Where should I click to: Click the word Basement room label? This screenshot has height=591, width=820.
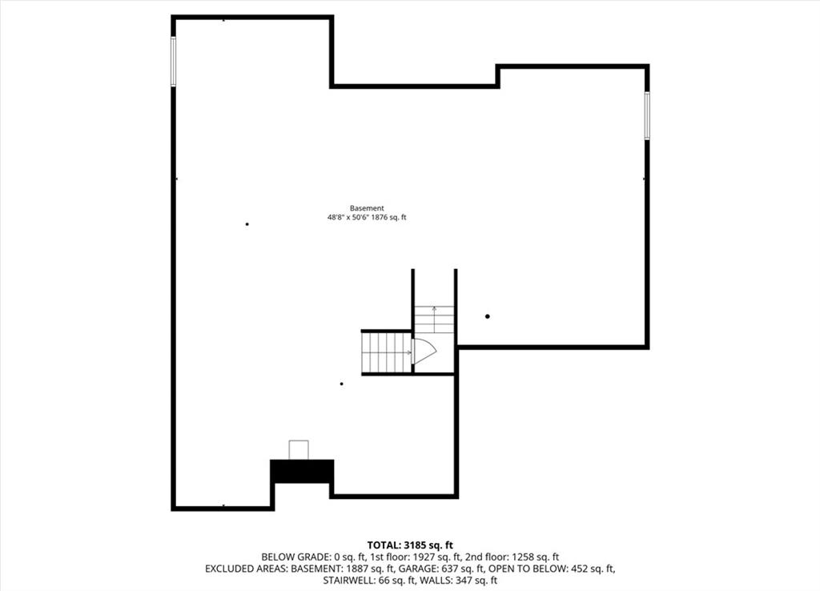coord(367,208)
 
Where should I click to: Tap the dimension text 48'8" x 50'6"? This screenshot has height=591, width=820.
coord(348,218)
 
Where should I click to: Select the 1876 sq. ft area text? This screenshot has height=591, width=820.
coord(388,218)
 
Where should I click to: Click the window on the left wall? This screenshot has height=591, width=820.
coord(173,61)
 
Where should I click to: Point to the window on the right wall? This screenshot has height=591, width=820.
coord(647,115)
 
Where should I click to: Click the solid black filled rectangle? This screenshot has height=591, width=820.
coord(302,471)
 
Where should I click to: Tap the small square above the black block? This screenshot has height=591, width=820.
coord(299,450)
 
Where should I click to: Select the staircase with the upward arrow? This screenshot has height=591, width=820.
coord(435,319)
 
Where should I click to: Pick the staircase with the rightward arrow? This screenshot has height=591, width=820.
coord(387,352)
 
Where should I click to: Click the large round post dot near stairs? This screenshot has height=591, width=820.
coord(488,316)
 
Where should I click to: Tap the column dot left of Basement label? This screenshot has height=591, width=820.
coord(247,224)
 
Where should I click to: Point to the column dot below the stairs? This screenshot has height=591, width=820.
coord(341,384)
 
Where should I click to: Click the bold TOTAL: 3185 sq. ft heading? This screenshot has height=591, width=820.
coord(410,545)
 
